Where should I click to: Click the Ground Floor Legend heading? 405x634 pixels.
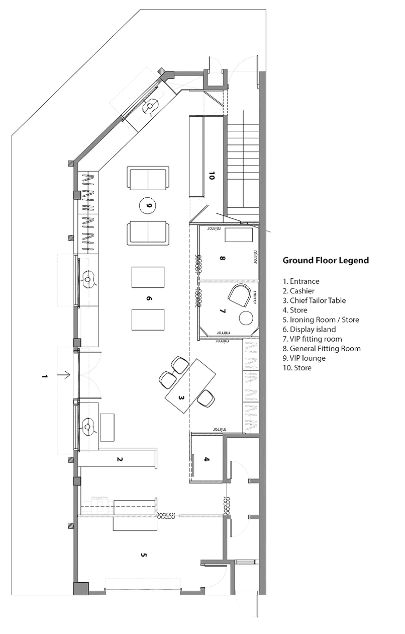[x=326, y=261]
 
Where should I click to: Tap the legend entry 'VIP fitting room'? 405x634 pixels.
[x=312, y=339]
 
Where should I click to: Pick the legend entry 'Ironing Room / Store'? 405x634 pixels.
[x=321, y=320]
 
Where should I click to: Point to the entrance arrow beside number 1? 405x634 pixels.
[x=64, y=375]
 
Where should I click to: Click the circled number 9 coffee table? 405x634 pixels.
[x=148, y=205]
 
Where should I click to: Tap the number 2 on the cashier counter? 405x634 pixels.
[x=120, y=459]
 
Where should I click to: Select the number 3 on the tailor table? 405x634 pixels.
[x=181, y=398]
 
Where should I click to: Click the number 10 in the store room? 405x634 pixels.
[x=212, y=176]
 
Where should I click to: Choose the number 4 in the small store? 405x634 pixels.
[x=207, y=459]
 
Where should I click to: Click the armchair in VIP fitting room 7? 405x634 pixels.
[x=239, y=295]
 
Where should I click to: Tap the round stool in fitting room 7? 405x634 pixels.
[x=246, y=318]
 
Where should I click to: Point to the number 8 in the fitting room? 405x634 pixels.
[x=223, y=258]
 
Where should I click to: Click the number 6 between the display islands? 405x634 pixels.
[x=149, y=298]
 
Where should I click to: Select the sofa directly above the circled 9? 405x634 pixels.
[x=148, y=178]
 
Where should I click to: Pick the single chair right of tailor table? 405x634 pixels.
[x=206, y=399]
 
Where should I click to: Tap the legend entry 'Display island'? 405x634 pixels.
[x=309, y=329]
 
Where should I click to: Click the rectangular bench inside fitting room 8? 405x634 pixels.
[x=239, y=235]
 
